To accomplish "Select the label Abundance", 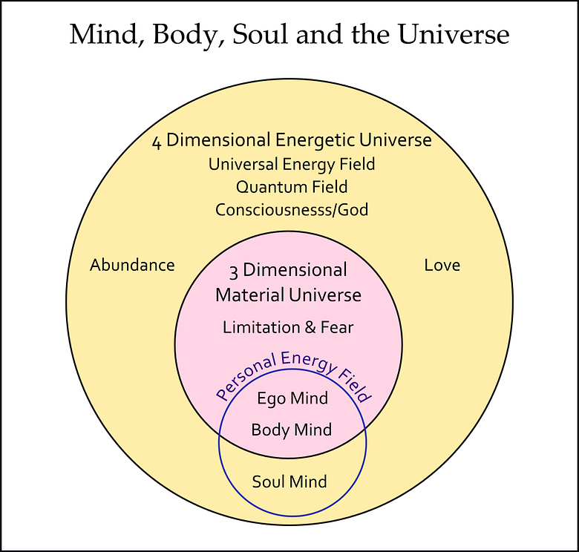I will [x=132, y=265].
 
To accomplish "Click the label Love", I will [x=442, y=265].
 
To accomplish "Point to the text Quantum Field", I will [x=292, y=187].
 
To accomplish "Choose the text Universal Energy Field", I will [x=292, y=164].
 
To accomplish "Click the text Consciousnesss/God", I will [x=292, y=210].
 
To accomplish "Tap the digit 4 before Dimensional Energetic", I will [x=157, y=142].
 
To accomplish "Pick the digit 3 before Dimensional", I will [x=234, y=271].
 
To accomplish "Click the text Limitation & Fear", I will [x=288, y=327].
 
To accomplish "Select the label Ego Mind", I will [x=292, y=398].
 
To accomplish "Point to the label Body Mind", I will [x=291, y=430].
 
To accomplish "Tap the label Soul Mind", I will [x=289, y=482].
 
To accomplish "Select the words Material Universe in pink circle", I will [x=288, y=295].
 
